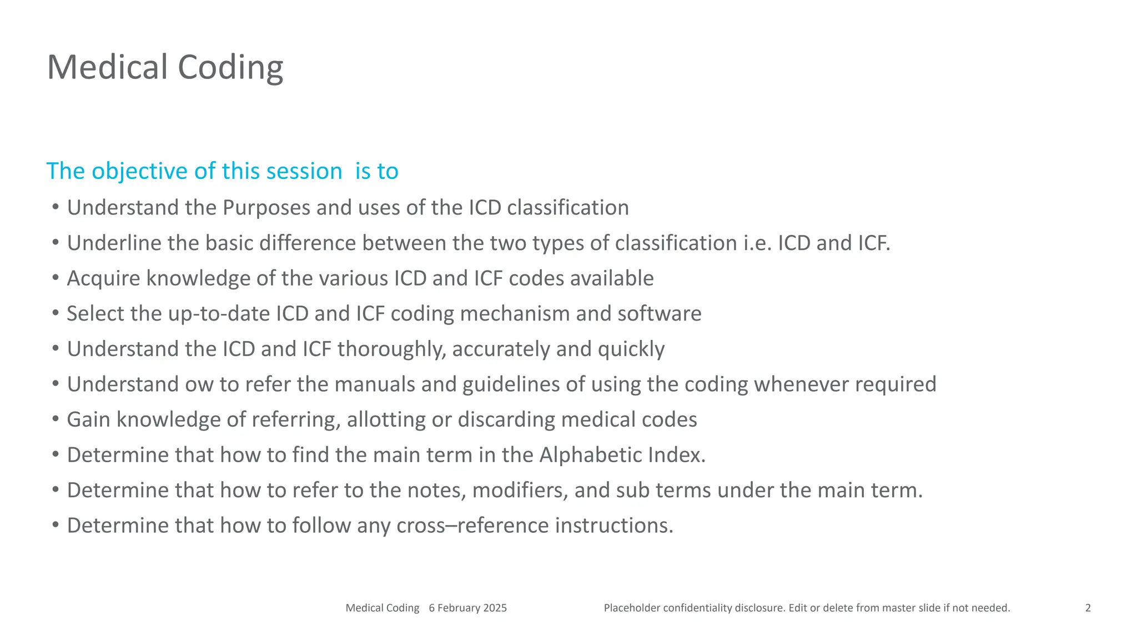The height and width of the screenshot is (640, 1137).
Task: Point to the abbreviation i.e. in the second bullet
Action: (757, 243)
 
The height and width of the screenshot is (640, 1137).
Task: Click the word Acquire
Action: (103, 278)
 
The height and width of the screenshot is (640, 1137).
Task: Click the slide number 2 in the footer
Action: (1088, 608)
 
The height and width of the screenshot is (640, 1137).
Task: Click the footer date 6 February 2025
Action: (467, 608)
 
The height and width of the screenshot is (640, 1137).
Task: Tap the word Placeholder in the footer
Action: (632, 608)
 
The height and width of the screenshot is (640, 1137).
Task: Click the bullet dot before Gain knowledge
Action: (55, 419)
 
